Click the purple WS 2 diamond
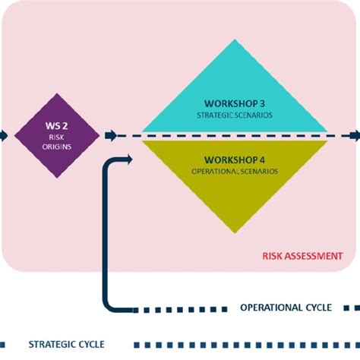(57, 135)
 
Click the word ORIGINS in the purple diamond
(57, 147)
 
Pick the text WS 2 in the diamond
(57, 124)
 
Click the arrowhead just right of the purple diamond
(112, 135)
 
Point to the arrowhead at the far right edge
(354, 135)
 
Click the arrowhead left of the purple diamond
(4, 135)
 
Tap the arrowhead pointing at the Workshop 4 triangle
(126, 159)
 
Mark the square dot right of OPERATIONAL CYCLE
(347, 308)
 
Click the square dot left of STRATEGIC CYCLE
(5, 343)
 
